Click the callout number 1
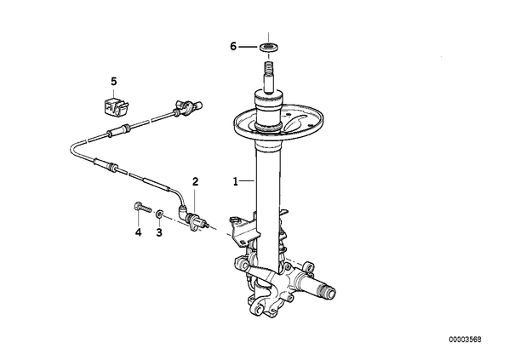tap(235, 181)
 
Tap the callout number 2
tap(195, 181)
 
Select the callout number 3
tap(159, 232)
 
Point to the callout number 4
tap(138, 232)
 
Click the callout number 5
tap(113, 81)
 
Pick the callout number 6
tap(233, 47)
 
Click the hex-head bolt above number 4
tap(143, 207)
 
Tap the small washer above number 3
tap(159, 214)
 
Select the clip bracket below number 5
tap(116, 105)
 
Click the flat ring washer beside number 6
tap(268, 47)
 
